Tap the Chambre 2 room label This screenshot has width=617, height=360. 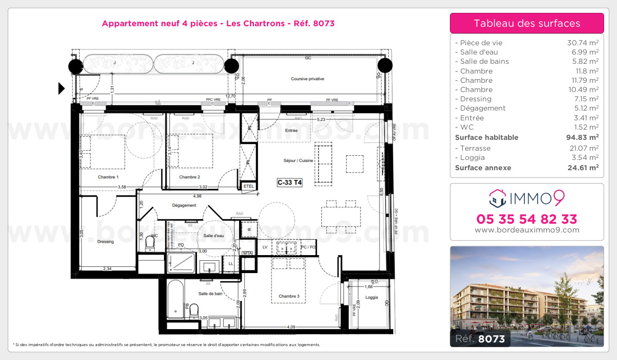(x=189, y=177)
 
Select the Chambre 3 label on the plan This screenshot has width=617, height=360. (x=289, y=296)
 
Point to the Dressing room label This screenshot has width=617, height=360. (x=105, y=242)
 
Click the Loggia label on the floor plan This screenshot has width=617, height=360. (x=371, y=297)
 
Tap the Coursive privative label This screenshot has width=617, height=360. (x=307, y=79)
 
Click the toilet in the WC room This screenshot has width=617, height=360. (x=150, y=242)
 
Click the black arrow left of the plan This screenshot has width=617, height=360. (x=62, y=88)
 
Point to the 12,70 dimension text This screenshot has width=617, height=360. (x=230, y=96)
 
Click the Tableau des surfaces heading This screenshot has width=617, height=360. (x=527, y=23)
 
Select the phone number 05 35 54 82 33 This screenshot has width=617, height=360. (x=527, y=219)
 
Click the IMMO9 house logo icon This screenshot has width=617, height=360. (x=497, y=197)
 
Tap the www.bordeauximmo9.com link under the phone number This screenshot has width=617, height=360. (x=527, y=230)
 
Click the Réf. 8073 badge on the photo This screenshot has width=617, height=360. (x=479, y=338)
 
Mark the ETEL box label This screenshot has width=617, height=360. (x=249, y=186)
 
